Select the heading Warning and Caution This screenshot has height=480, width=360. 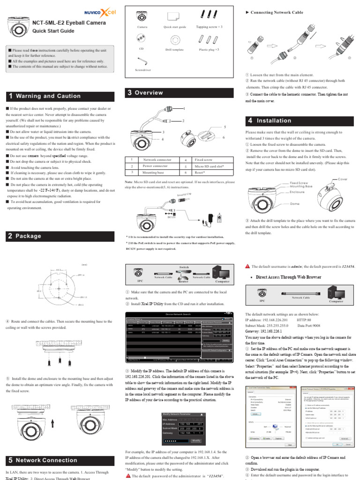click(x=48, y=96)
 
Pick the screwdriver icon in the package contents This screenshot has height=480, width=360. click(x=142, y=60)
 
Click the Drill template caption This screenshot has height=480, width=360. click(x=175, y=49)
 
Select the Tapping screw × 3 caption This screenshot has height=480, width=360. click(x=209, y=27)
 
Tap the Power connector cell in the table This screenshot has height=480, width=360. click(x=155, y=166)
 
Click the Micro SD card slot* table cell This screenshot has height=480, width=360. click(x=209, y=166)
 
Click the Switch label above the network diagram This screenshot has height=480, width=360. click(x=184, y=266)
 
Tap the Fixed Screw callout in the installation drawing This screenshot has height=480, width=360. click(x=299, y=182)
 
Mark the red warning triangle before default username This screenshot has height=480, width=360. click(x=247, y=266)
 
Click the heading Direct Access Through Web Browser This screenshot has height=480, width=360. click(x=288, y=277)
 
